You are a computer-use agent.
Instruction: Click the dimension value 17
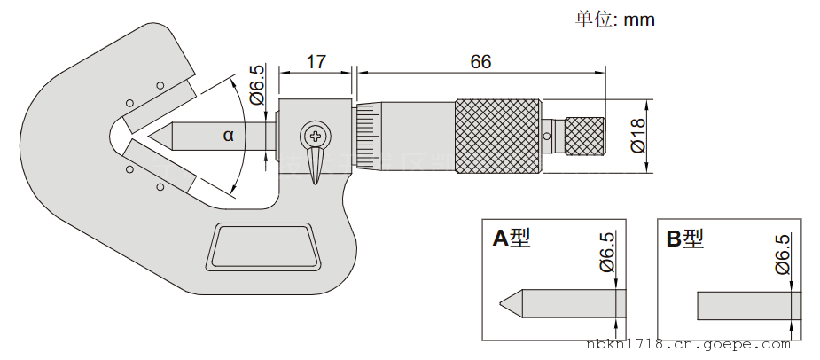point(316,62)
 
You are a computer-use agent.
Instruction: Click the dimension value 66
point(480,62)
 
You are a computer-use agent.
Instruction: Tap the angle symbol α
point(229,136)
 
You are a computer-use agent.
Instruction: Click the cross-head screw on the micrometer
point(315,136)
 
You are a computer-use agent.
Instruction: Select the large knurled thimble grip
point(497,136)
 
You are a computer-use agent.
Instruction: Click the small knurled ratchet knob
point(585,136)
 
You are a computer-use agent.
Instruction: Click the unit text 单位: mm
point(615,19)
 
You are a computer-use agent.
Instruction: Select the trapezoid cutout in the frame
point(262,246)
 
